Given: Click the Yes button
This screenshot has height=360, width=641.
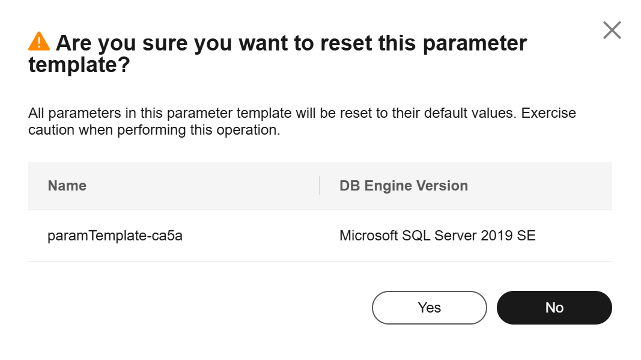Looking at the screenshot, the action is tap(430, 308).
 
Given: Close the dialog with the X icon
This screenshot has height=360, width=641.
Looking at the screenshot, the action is tap(612, 30).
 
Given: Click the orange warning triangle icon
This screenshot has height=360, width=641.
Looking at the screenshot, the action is tap(39, 41).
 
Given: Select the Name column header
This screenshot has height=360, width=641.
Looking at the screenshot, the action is tap(67, 186).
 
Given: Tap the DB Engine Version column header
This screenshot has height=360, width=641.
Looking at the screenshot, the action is tap(404, 186).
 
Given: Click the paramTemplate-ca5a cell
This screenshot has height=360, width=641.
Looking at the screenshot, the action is tap(115, 236).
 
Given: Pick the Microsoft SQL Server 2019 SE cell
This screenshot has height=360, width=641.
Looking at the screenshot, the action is tap(437, 236).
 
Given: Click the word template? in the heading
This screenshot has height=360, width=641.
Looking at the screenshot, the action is tap(79, 65).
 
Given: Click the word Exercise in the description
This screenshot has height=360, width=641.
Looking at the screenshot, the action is tap(548, 113).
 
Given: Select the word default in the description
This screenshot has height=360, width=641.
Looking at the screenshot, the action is tap(445, 113).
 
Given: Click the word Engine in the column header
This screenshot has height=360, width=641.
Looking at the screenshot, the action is tap(388, 186).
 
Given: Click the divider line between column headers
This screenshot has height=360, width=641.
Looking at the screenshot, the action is tap(319, 186).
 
